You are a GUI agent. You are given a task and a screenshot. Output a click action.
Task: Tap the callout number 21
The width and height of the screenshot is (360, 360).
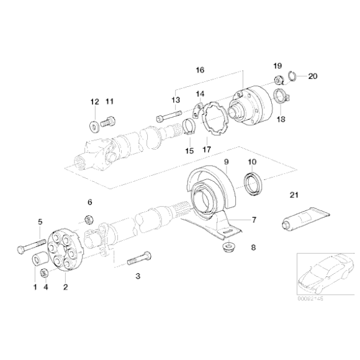[294, 196]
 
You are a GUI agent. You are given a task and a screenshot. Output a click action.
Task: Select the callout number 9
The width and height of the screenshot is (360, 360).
[227, 162]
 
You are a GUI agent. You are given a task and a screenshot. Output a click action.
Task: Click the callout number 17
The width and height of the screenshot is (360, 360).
[207, 149]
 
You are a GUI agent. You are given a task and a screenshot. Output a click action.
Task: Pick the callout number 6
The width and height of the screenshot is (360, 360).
[89, 202]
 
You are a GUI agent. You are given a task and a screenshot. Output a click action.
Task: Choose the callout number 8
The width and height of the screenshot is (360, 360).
[253, 248]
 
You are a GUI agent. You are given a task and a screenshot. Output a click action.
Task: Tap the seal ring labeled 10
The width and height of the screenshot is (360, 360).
[252, 184]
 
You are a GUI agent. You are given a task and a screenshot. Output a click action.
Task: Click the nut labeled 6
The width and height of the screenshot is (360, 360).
[89, 218]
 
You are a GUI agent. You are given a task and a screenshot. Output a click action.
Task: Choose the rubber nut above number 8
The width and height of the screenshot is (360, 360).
[228, 248]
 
